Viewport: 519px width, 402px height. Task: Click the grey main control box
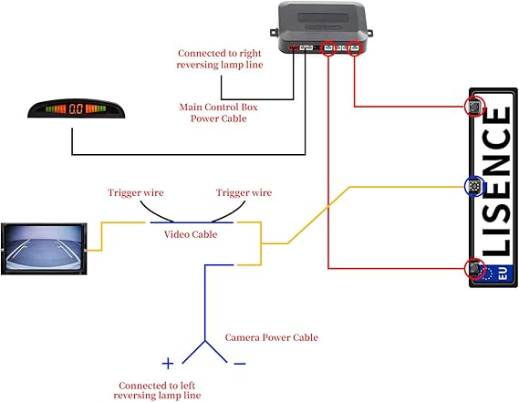coord(321,27)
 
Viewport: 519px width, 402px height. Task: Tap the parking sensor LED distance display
coord(77,108)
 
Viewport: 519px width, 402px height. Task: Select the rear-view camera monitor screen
coord(44,249)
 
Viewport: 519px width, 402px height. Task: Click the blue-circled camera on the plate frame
coord(474,187)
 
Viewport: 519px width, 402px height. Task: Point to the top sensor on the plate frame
coord(474,107)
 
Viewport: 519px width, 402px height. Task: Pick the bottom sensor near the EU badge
coord(474,268)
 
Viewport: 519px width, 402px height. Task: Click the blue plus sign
coord(168,364)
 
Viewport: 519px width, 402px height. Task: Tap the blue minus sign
coord(240,364)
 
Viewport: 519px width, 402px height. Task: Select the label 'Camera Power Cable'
coord(272,337)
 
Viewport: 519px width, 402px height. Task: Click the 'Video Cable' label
coord(191,234)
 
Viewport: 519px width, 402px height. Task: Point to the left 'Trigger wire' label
coord(136,192)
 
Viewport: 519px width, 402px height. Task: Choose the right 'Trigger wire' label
coord(244,192)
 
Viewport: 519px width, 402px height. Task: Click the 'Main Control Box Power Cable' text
coord(219,113)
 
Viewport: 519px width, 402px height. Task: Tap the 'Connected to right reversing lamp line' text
coord(220,59)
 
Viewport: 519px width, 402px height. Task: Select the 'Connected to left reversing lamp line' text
coord(157,390)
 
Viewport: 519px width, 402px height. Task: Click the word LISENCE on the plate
coord(496,181)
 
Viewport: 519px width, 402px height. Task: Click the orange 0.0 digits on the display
coord(76,108)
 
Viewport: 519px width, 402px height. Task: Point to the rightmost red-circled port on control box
coord(355,48)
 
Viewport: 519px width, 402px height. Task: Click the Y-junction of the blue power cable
coord(205,340)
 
